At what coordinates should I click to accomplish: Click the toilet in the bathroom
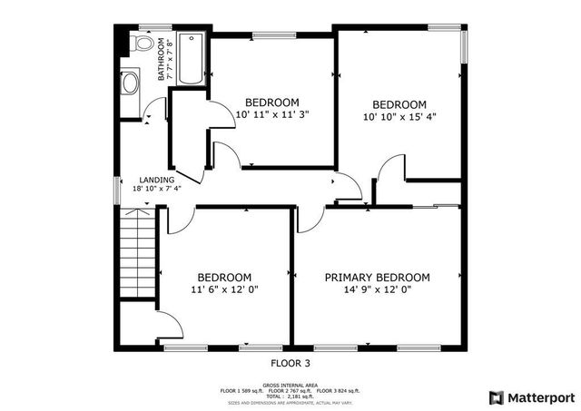(143, 43)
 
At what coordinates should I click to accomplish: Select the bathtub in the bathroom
(191, 59)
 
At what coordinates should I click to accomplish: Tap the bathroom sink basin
(129, 83)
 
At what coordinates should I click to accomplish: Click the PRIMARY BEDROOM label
(378, 278)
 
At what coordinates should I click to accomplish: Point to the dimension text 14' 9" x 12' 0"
(378, 290)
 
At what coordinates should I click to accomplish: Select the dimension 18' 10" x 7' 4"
(157, 190)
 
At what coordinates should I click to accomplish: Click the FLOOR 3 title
(290, 362)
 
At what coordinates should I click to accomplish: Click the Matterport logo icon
(496, 397)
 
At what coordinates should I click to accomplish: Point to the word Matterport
(540, 397)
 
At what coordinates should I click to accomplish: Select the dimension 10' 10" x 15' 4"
(399, 115)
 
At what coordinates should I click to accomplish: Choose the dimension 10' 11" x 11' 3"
(272, 114)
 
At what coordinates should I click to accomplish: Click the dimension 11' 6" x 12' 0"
(224, 290)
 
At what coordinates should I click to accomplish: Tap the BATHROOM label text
(161, 59)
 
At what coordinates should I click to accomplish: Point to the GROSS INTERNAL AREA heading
(290, 384)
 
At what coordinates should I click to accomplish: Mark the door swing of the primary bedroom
(309, 218)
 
